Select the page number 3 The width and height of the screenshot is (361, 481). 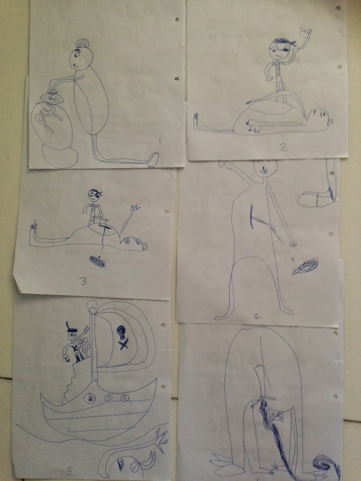pyautogui.click(x=83, y=282)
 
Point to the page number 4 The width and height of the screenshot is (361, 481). pyautogui.click(x=257, y=317)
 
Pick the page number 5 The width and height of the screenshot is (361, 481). pyautogui.click(x=70, y=470)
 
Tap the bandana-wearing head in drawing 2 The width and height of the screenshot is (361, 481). pyautogui.click(x=281, y=49)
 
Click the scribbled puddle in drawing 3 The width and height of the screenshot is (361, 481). pyautogui.click(x=97, y=262)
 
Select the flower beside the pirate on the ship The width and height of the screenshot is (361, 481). pyautogui.click(x=84, y=345)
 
